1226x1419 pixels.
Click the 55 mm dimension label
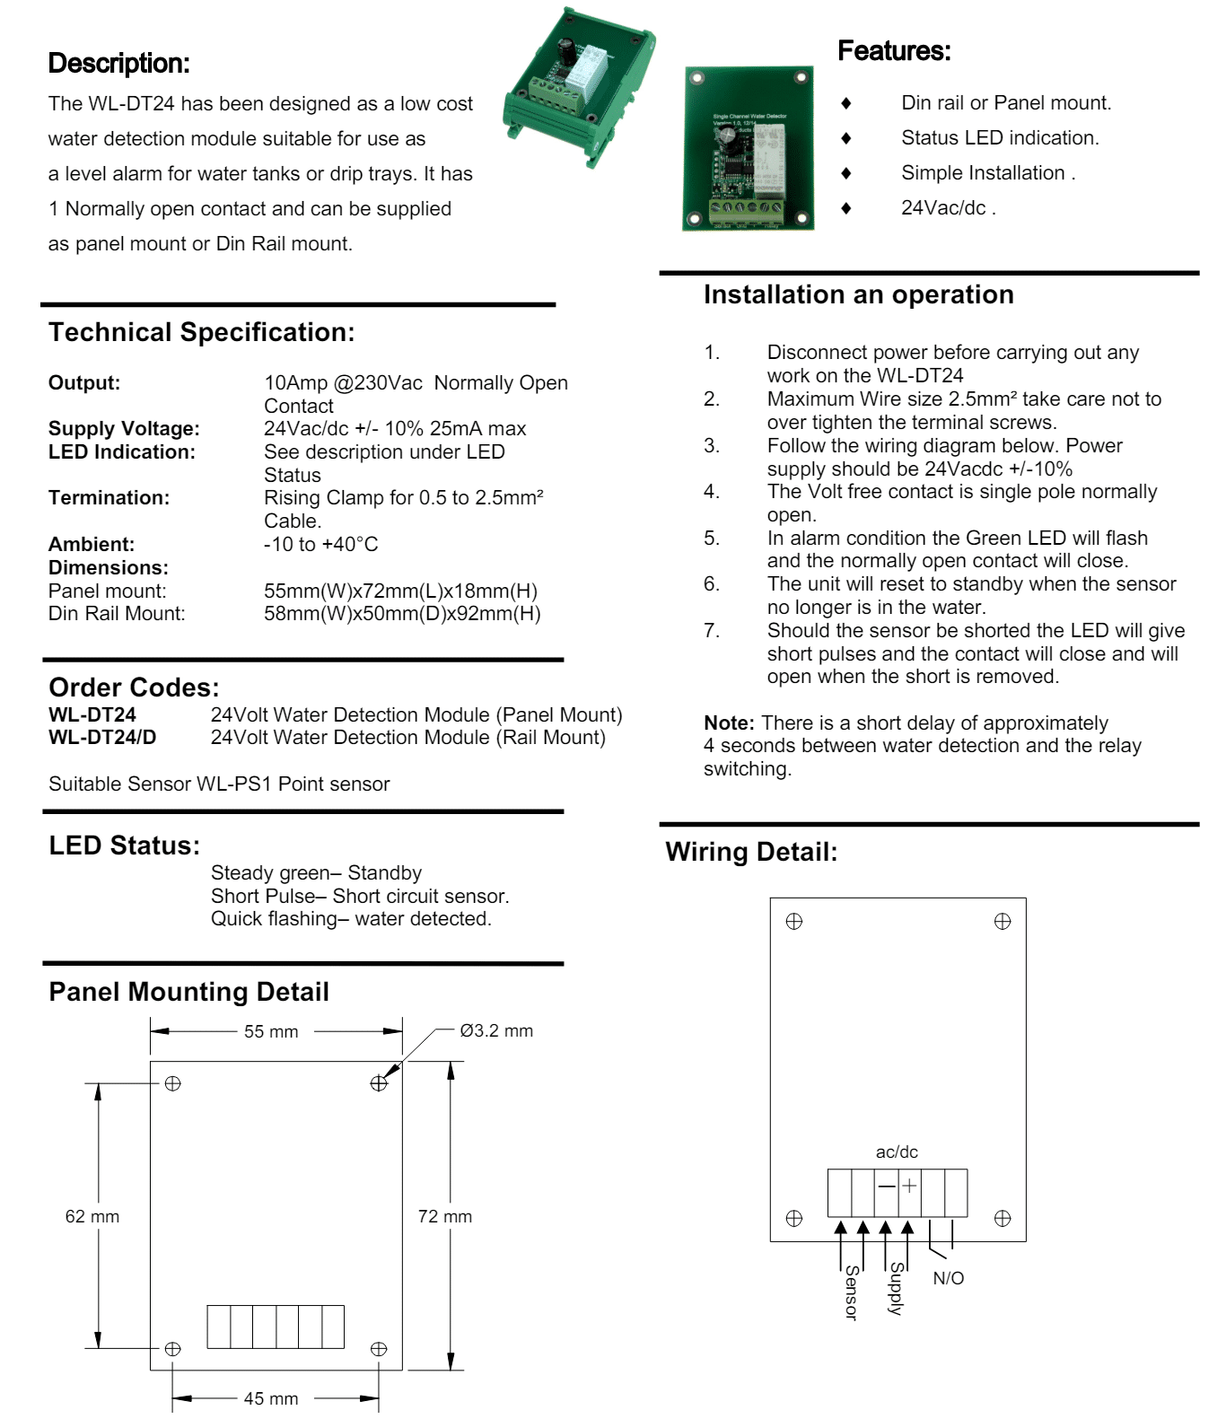pyautogui.click(x=270, y=1031)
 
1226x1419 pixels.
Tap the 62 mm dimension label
pyautogui.click(x=92, y=1216)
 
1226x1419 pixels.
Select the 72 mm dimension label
pyautogui.click(x=444, y=1216)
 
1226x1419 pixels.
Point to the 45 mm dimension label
pyautogui.click(x=270, y=1398)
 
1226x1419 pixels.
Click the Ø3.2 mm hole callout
pyautogui.click(x=496, y=1030)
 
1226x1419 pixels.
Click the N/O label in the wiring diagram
pyautogui.click(x=948, y=1278)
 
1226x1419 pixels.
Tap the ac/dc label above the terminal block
pyautogui.click(x=897, y=1152)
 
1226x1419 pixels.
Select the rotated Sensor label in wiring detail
pyautogui.click(x=851, y=1292)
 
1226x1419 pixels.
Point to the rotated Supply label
pyautogui.click(x=896, y=1289)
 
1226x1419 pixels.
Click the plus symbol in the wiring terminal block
pyautogui.click(x=909, y=1186)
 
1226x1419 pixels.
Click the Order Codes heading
pyautogui.click(x=134, y=688)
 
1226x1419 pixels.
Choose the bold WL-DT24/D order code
pyautogui.click(x=102, y=738)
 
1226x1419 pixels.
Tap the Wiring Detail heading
pyautogui.click(x=751, y=852)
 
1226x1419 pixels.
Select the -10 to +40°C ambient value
pyautogui.click(x=320, y=544)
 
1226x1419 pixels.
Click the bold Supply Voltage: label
pyautogui.click(x=124, y=429)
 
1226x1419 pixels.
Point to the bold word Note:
pyautogui.click(x=729, y=723)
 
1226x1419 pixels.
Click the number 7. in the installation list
pyautogui.click(x=712, y=630)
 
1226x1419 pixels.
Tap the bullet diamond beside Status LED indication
pyautogui.click(x=845, y=138)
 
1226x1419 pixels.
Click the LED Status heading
pyautogui.click(x=124, y=845)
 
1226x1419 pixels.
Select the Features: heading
pyautogui.click(x=894, y=51)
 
